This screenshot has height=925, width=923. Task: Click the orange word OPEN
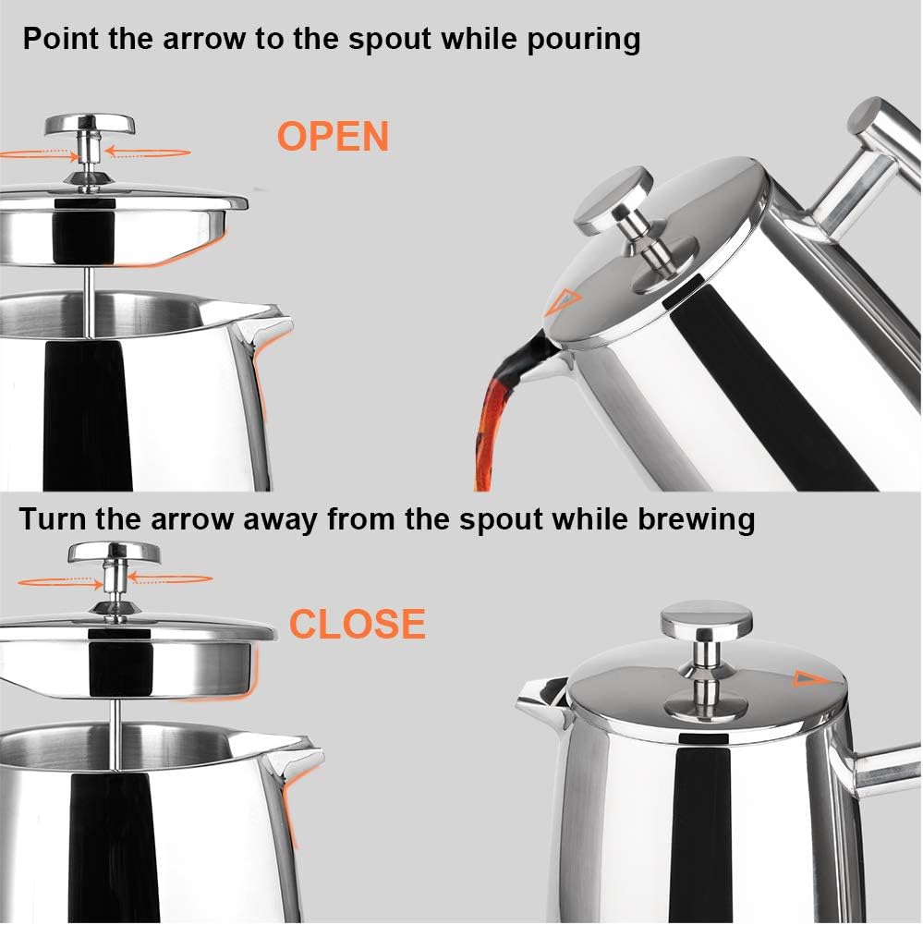[x=333, y=137]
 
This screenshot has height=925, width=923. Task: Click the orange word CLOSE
[x=357, y=625]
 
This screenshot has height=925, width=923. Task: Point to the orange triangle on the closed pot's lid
[x=807, y=679]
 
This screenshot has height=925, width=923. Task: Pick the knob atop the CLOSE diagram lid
[x=114, y=555]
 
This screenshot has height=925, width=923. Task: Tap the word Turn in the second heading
[x=54, y=518]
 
